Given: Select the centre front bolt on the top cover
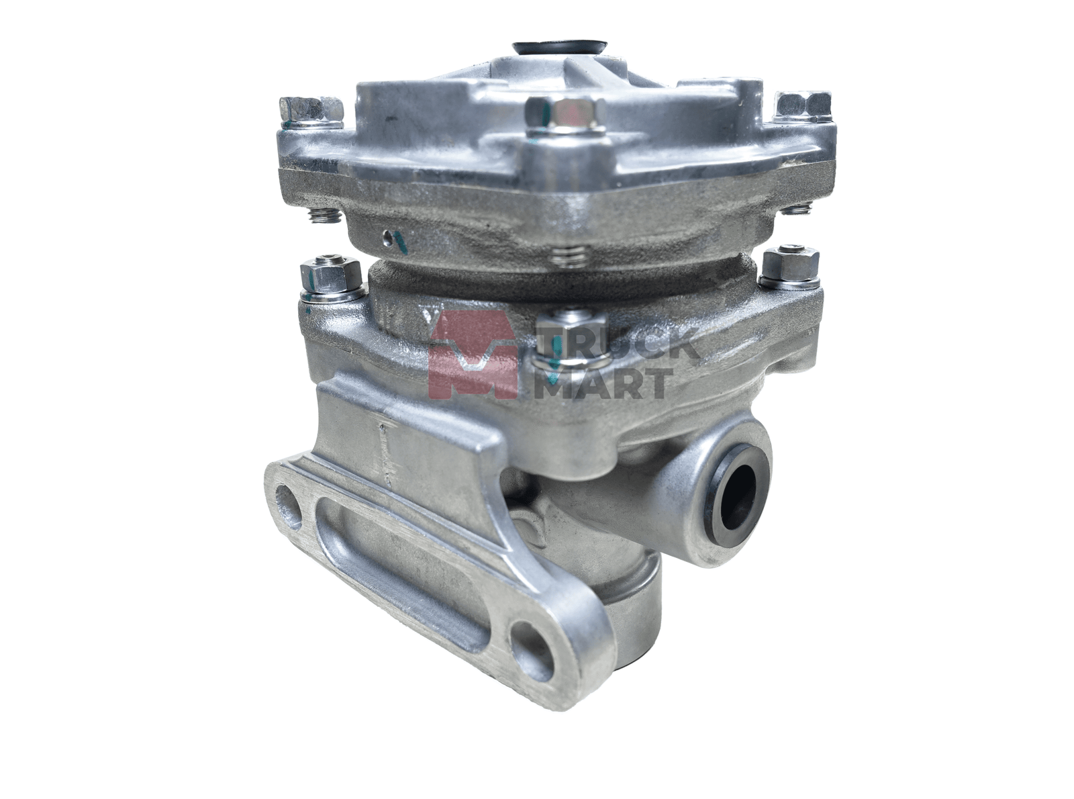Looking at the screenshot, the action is tap(565, 115).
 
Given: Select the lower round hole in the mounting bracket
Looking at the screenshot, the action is tap(532, 649).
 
